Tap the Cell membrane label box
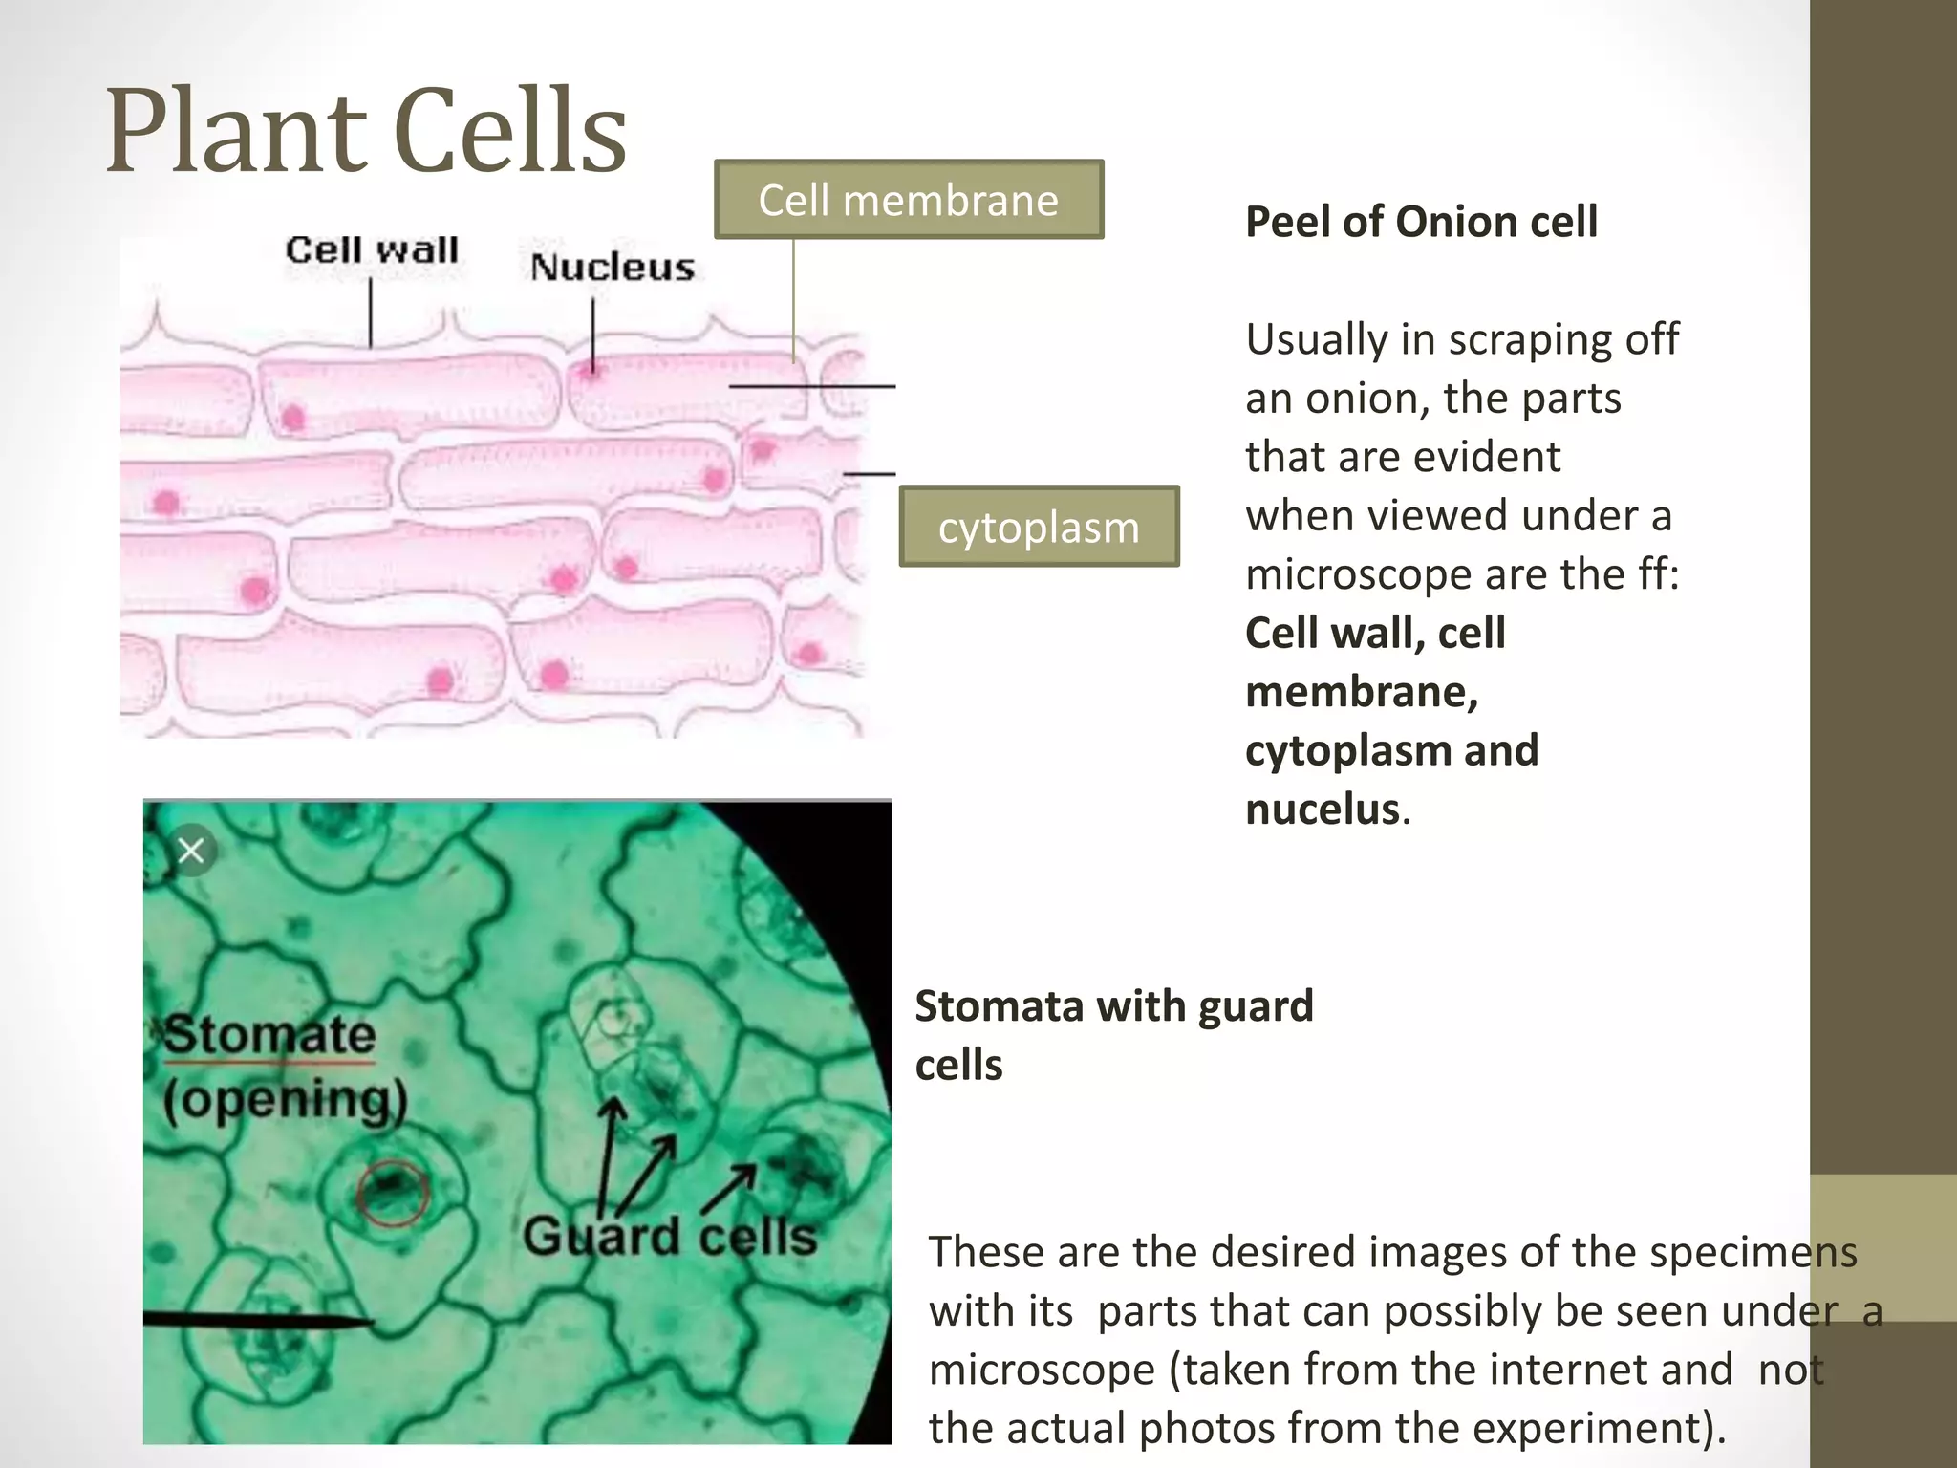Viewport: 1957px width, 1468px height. (x=909, y=200)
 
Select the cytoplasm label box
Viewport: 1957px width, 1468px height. (x=1039, y=527)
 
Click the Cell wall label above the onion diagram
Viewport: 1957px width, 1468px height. (x=372, y=250)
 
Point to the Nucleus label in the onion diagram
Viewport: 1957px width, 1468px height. (x=613, y=267)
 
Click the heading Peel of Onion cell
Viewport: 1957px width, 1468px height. (x=1421, y=222)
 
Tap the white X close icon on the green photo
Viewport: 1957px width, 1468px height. (x=191, y=850)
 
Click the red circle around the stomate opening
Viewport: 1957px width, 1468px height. (x=392, y=1192)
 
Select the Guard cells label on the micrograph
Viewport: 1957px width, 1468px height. (x=670, y=1236)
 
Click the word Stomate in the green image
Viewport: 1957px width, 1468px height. (x=269, y=1035)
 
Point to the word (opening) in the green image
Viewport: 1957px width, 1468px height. (x=285, y=1100)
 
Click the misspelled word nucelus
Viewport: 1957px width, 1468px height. (x=1323, y=810)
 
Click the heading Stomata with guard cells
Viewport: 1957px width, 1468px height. (x=1114, y=1035)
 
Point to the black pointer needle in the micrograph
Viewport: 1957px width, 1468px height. (x=258, y=1320)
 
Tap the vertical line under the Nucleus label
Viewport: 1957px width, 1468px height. (x=592, y=335)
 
